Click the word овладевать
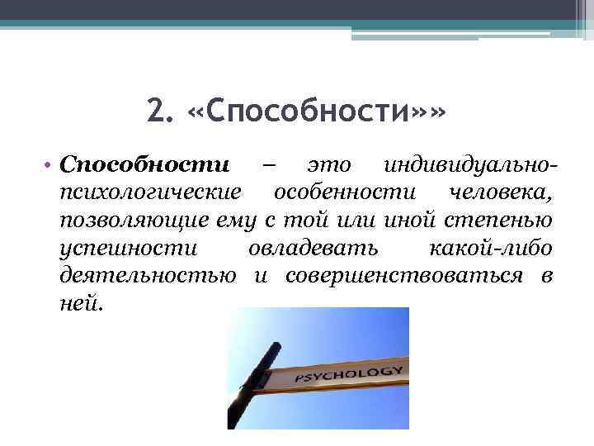(x=313, y=248)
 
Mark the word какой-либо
(x=492, y=248)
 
